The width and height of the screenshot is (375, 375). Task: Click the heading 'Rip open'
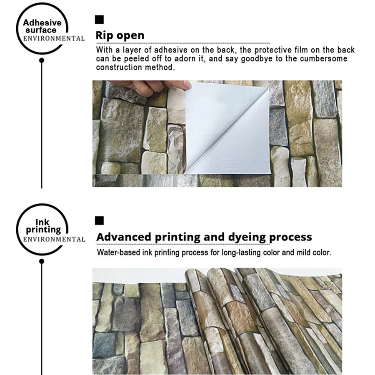(120, 35)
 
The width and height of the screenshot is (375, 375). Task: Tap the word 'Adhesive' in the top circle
(42, 22)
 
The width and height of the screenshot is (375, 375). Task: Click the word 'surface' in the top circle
(40, 30)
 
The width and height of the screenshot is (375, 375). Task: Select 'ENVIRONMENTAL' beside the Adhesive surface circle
(54, 38)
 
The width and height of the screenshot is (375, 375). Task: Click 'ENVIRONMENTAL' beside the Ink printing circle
(54, 240)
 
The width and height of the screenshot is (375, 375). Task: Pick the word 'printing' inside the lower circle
(43, 230)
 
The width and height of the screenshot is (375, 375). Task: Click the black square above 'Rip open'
(100, 20)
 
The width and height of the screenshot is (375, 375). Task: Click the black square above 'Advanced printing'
(100, 221)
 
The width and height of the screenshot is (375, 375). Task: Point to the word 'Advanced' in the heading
(124, 237)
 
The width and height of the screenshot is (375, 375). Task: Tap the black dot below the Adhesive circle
(42, 60)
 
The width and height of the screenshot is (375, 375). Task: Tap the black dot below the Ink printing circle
(42, 261)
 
